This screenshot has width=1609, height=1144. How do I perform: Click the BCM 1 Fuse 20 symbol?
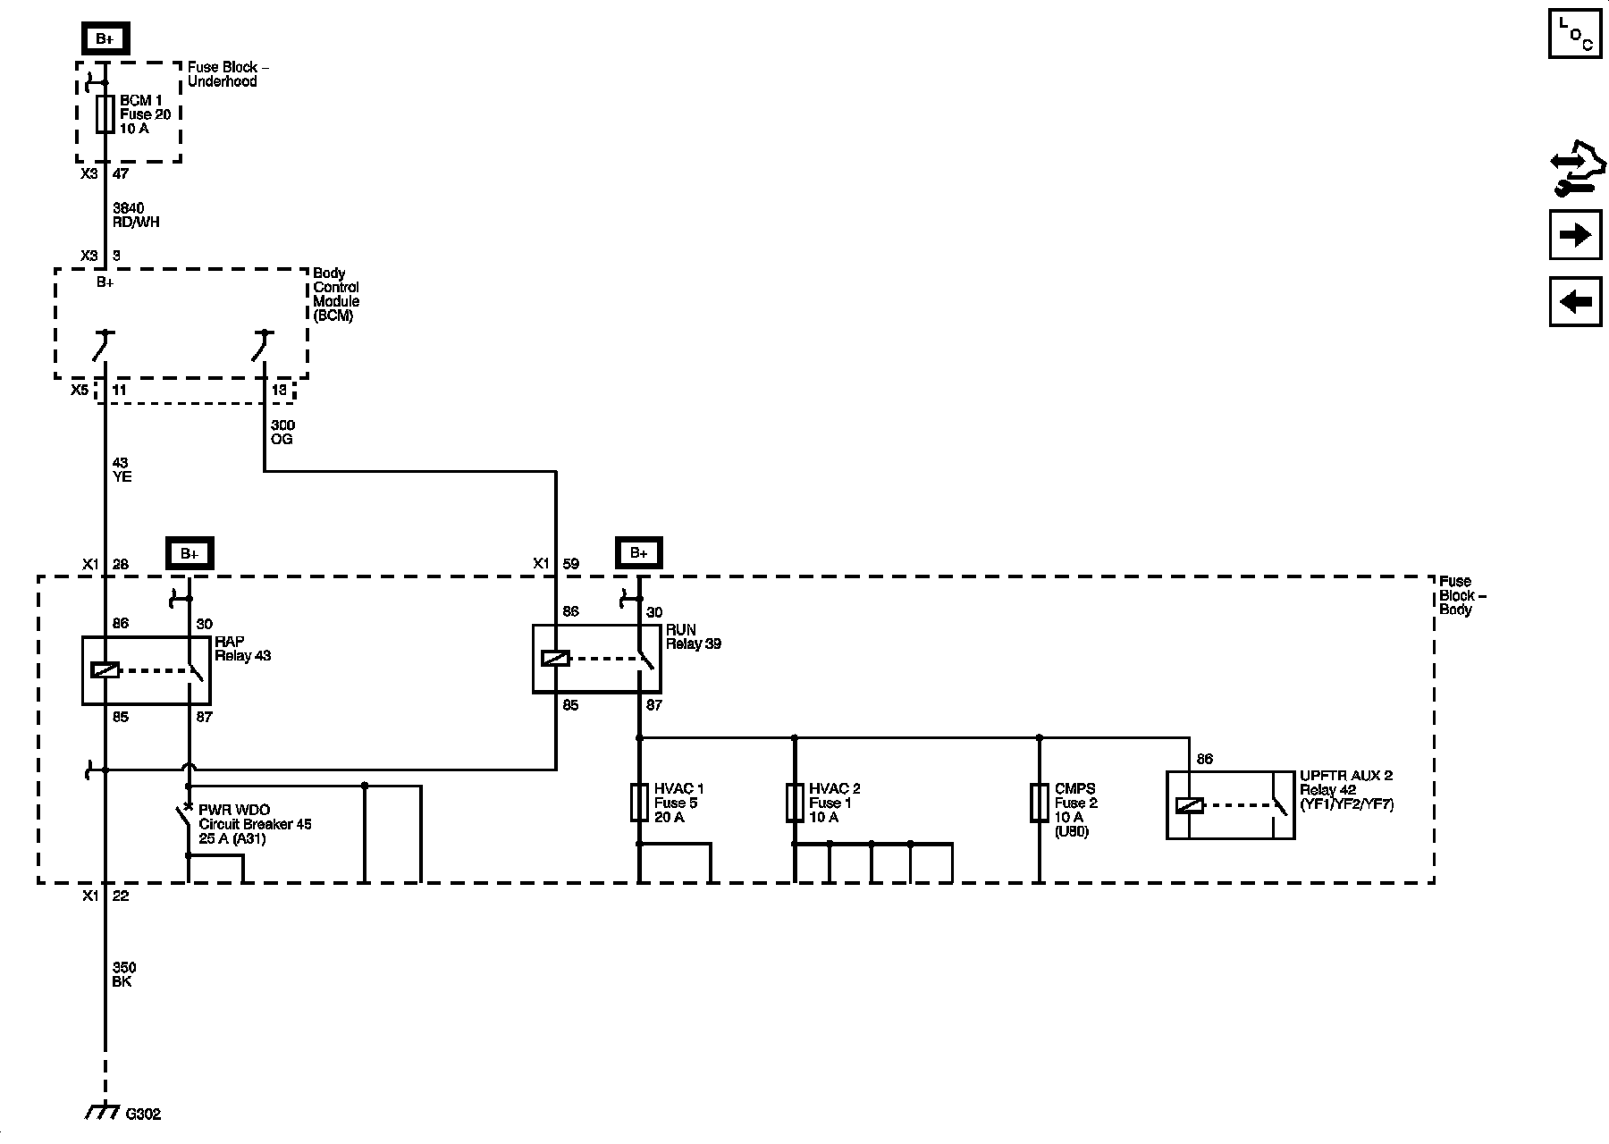click(x=105, y=114)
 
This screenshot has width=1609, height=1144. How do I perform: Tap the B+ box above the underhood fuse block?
click(x=105, y=38)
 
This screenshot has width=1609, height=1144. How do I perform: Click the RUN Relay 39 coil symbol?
click(x=555, y=659)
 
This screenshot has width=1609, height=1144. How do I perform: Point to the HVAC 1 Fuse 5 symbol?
click(x=639, y=803)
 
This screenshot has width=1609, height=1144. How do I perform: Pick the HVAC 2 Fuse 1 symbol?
click(x=795, y=803)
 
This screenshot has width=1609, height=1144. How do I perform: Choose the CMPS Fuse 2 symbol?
click(x=1039, y=803)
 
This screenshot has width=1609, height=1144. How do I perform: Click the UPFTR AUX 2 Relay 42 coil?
click(x=1190, y=805)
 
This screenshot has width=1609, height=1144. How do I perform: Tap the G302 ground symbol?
click(x=104, y=1113)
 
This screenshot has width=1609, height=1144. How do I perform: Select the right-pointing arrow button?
click(x=1575, y=235)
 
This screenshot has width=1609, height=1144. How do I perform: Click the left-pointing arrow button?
click(x=1575, y=301)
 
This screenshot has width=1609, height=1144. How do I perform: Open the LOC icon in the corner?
click(x=1575, y=34)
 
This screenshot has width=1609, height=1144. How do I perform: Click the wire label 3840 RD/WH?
click(x=136, y=215)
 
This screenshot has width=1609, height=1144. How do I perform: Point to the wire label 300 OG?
click(x=282, y=433)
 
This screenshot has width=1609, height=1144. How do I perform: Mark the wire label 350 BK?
click(x=124, y=974)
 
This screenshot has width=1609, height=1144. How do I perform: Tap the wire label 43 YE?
click(x=122, y=470)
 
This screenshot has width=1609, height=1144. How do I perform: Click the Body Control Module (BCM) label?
click(x=336, y=295)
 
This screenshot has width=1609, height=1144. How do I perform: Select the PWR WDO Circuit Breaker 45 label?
click(x=255, y=824)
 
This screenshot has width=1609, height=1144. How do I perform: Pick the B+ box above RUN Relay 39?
click(x=638, y=553)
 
